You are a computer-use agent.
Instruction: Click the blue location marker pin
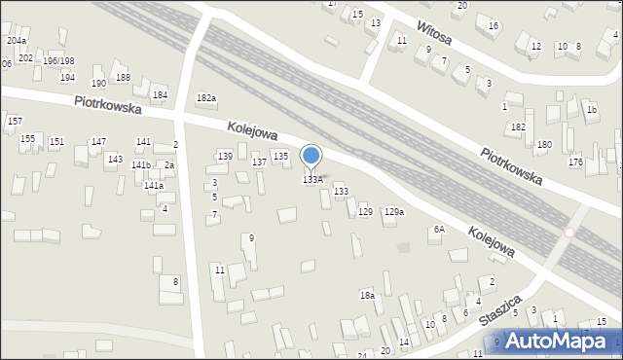(311, 157)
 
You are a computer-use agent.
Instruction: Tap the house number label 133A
(312, 180)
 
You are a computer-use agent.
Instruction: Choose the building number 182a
(205, 98)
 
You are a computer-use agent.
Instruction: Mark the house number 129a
(393, 211)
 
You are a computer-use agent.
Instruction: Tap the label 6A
(439, 230)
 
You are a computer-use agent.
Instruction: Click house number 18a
(367, 295)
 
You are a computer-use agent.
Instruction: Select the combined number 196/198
(58, 61)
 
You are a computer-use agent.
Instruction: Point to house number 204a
(17, 41)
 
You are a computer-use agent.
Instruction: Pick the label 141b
(141, 165)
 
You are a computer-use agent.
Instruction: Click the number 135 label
(280, 156)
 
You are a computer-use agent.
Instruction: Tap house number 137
(260, 162)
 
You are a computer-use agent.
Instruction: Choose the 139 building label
(225, 157)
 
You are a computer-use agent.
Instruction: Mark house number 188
(123, 77)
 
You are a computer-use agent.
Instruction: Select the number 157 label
(15, 121)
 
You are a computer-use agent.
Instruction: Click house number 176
(576, 162)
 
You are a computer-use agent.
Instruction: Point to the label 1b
(591, 110)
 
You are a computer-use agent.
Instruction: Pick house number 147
(98, 142)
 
